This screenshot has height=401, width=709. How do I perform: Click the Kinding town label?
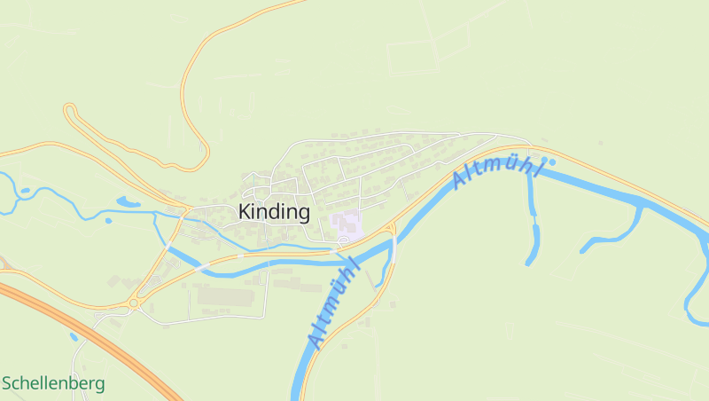coord(274,213)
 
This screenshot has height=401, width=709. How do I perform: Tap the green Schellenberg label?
coord(53,384)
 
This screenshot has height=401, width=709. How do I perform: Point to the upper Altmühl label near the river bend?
coord(495,168)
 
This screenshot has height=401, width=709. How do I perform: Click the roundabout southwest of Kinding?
coord(134,303)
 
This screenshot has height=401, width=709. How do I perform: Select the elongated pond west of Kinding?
coord(128,202)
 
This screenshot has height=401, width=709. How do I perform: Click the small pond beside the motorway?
coord(73,337)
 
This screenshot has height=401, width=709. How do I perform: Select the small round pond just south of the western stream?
coord(108,220)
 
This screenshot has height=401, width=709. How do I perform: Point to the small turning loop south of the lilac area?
coord(342,240)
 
